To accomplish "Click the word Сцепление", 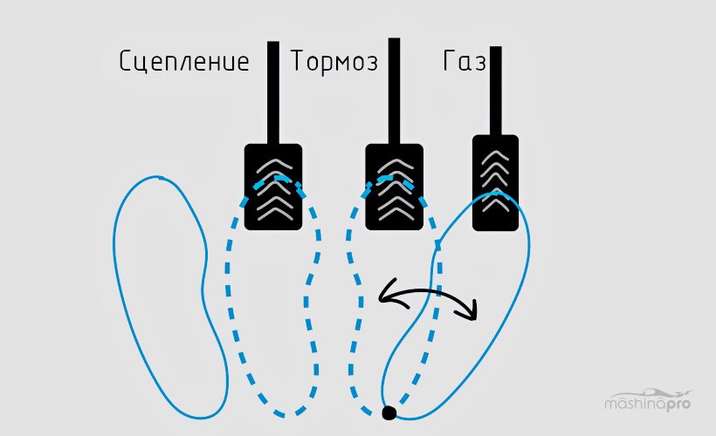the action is [x=184, y=62].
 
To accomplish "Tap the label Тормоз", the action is [x=334, y=61].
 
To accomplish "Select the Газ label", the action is [x=465, y=61].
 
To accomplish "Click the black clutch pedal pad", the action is [x=273, y=187].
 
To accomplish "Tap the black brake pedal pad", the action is [x=395, y=187].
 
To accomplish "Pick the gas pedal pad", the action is [x=495, y=182].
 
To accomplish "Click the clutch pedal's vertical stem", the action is [x=273, y=92].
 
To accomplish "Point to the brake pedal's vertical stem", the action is [x=394, y=91].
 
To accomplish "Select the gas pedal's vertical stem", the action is [x=496, y=91].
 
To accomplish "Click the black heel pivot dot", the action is [x=389, y=412].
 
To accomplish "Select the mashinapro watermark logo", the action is [x=648, y=400].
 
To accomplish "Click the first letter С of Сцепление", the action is [x=126, y=62].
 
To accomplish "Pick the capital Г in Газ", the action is [x=450, y=61].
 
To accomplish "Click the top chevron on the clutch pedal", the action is [x=274, y=166].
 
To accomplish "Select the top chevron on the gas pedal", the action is [x=495, y=156].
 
